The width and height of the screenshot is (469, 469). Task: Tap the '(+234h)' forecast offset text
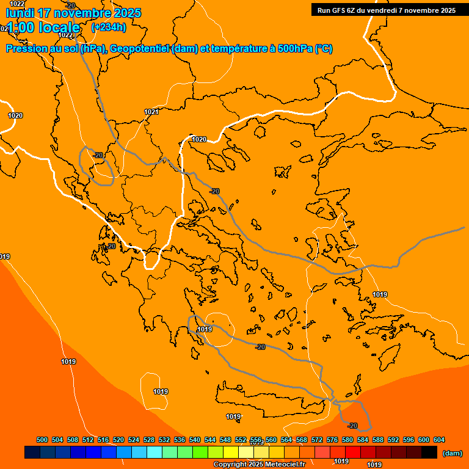(x=108, y=27)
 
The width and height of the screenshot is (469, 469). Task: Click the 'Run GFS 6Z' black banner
(x=386, y=10)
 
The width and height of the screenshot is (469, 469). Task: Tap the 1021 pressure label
(x=151, y=112)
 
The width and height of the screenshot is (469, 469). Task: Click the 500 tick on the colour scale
(x=42, y=440)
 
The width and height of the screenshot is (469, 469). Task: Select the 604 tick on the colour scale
(x=438, y=440)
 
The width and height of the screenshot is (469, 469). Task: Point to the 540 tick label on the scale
(x=195, y=440)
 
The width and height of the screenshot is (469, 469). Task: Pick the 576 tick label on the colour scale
(x=332, y=440)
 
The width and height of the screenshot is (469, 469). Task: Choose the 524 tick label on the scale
(x=134, y=440)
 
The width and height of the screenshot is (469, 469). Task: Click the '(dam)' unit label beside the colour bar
(x=452, y=453)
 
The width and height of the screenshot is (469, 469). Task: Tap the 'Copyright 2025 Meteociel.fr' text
(x=259, y=464)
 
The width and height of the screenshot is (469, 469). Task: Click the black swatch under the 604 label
(x=429, y=452)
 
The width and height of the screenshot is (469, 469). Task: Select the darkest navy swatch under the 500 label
(x=32, y=452)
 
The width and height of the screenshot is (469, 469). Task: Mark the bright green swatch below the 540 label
(x=200, y=452)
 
